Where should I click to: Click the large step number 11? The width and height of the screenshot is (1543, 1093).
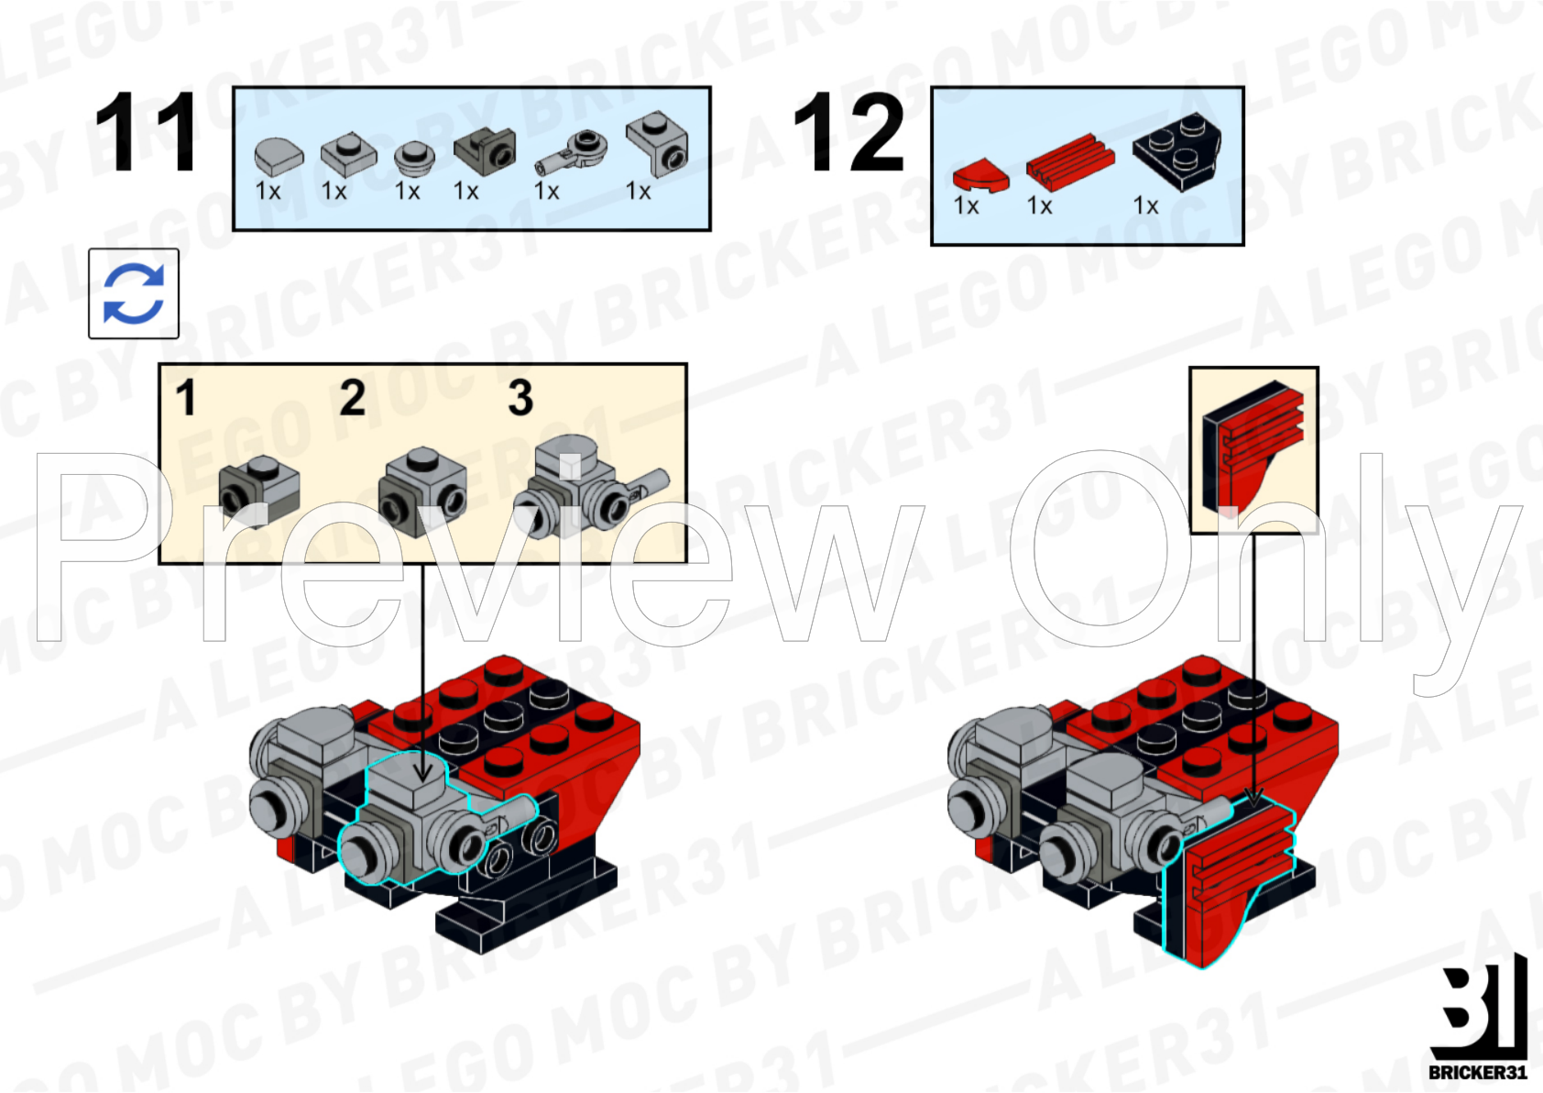[146, 132]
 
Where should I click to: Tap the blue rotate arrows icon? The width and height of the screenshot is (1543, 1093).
[134, 293]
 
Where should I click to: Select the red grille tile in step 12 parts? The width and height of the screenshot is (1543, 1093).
[1069, 159]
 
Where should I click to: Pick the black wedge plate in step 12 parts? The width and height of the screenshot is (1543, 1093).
[1178, 149]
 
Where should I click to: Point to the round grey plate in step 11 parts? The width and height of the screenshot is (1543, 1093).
[413, 157]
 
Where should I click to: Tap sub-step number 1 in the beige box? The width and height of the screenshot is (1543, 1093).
[186, 398]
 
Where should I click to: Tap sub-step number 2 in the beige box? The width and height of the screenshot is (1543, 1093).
[352, 398]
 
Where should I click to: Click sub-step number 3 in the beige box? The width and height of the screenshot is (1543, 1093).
[520, 398]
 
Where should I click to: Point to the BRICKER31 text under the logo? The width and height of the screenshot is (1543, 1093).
[1478, 1072]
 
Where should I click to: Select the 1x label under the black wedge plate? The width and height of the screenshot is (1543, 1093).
[1145, 205]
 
